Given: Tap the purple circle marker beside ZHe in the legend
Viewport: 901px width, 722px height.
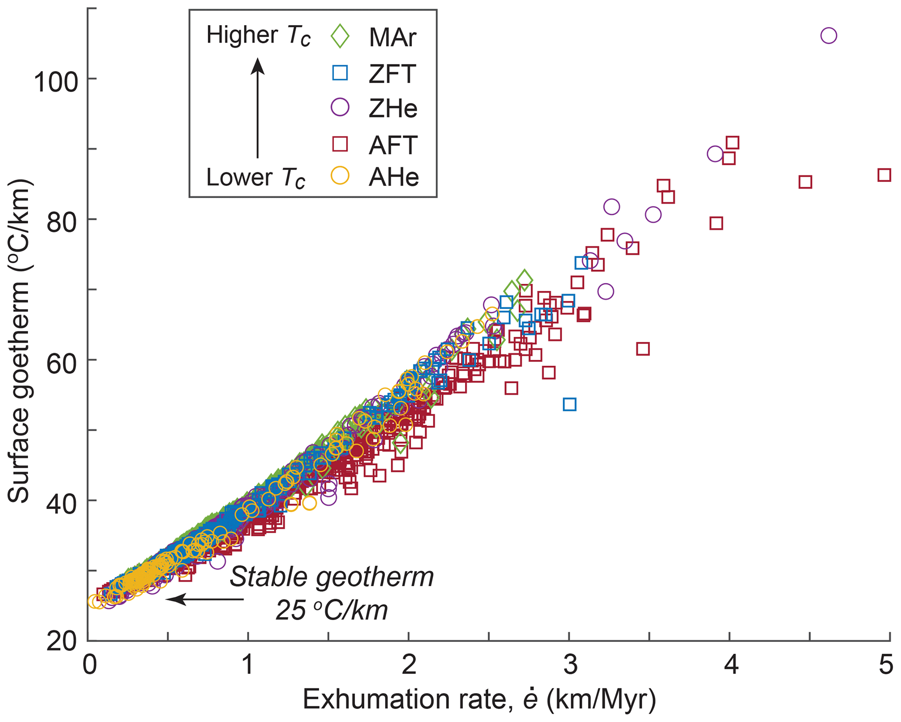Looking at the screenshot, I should pyautogui.click(x=340, y=107).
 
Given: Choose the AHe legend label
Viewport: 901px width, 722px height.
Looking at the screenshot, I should pyautogui.click(x=394, y=177).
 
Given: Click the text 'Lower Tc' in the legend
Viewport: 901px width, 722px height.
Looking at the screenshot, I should pyautogui.click(x=255, y=178).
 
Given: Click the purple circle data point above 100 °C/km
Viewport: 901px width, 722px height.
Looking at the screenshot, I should pyautogui.click(x=829, y=36).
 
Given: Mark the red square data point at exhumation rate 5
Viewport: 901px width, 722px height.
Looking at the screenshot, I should pyautogui.click(x=884, y=175).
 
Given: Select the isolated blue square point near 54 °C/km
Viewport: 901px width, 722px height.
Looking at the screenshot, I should pyautogui.click(x=569, y=405).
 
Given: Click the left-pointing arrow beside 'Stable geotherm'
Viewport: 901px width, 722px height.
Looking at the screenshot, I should pyautogui.click(x=205, y=599).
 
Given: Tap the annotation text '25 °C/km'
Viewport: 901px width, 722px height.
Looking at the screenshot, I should pyautogui.click(x=332, y=610).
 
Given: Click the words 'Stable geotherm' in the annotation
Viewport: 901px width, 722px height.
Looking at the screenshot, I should pyautogui.click(x=332, y=578).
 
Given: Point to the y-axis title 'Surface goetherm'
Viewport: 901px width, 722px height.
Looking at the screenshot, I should pyautogui.click(x=19, y=340).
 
